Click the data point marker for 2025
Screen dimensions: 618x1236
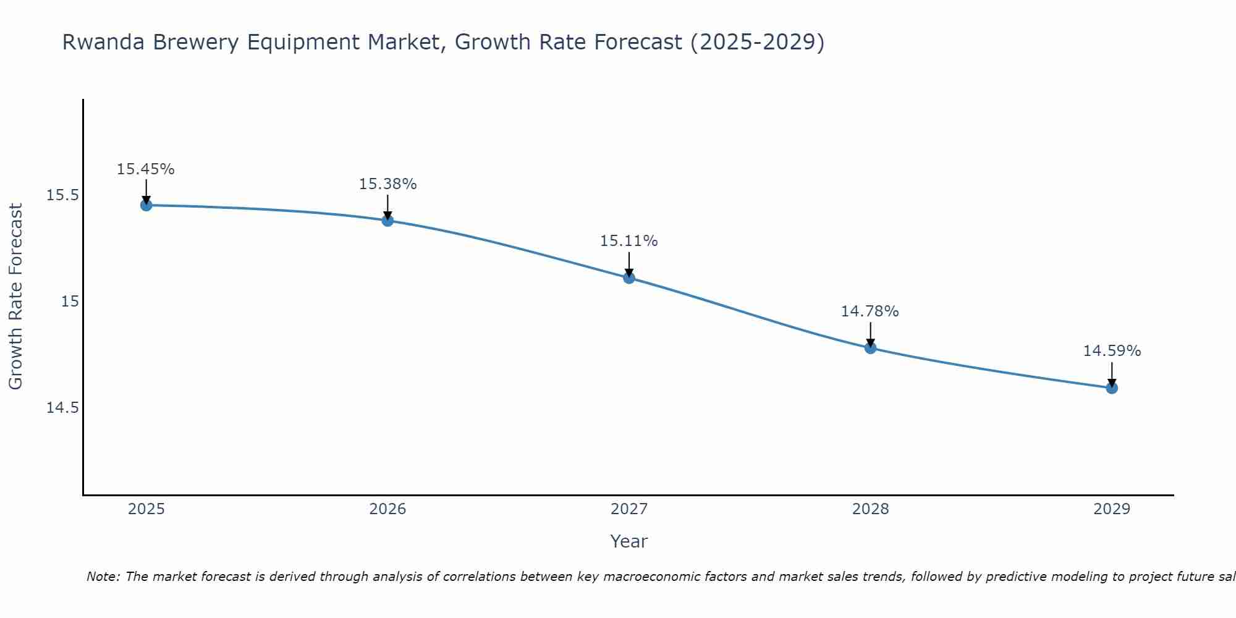[x=146, y=205]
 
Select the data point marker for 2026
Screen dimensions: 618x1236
[x=387, y=220]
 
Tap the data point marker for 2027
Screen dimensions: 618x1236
[x=629, y=277]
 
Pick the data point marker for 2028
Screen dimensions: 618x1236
[x=870, y=348]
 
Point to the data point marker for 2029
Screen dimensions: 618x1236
[x=1112, y=388]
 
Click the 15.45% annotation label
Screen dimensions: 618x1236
[x=146, y=169]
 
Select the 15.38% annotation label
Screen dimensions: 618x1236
[x=387, y=184]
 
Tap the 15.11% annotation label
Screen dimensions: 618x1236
[x=629, y=241]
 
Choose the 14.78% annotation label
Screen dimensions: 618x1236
[x=870, y=311]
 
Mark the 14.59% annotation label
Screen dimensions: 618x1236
[x=1112, y=351]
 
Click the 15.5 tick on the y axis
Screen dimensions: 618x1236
[x=63, y=195]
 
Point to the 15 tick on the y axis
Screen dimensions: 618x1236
[x=70, y=302]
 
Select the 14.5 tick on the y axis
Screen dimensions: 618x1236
[x=63, y=408]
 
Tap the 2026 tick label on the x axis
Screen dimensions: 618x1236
[x=387, y=509]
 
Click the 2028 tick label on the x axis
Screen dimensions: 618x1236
[x=870, y=509]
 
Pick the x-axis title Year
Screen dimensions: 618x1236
[x=629, y=541]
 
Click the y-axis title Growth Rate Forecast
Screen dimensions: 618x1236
[x=15, y=297]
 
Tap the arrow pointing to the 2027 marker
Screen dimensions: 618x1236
[x=629, y=264]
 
